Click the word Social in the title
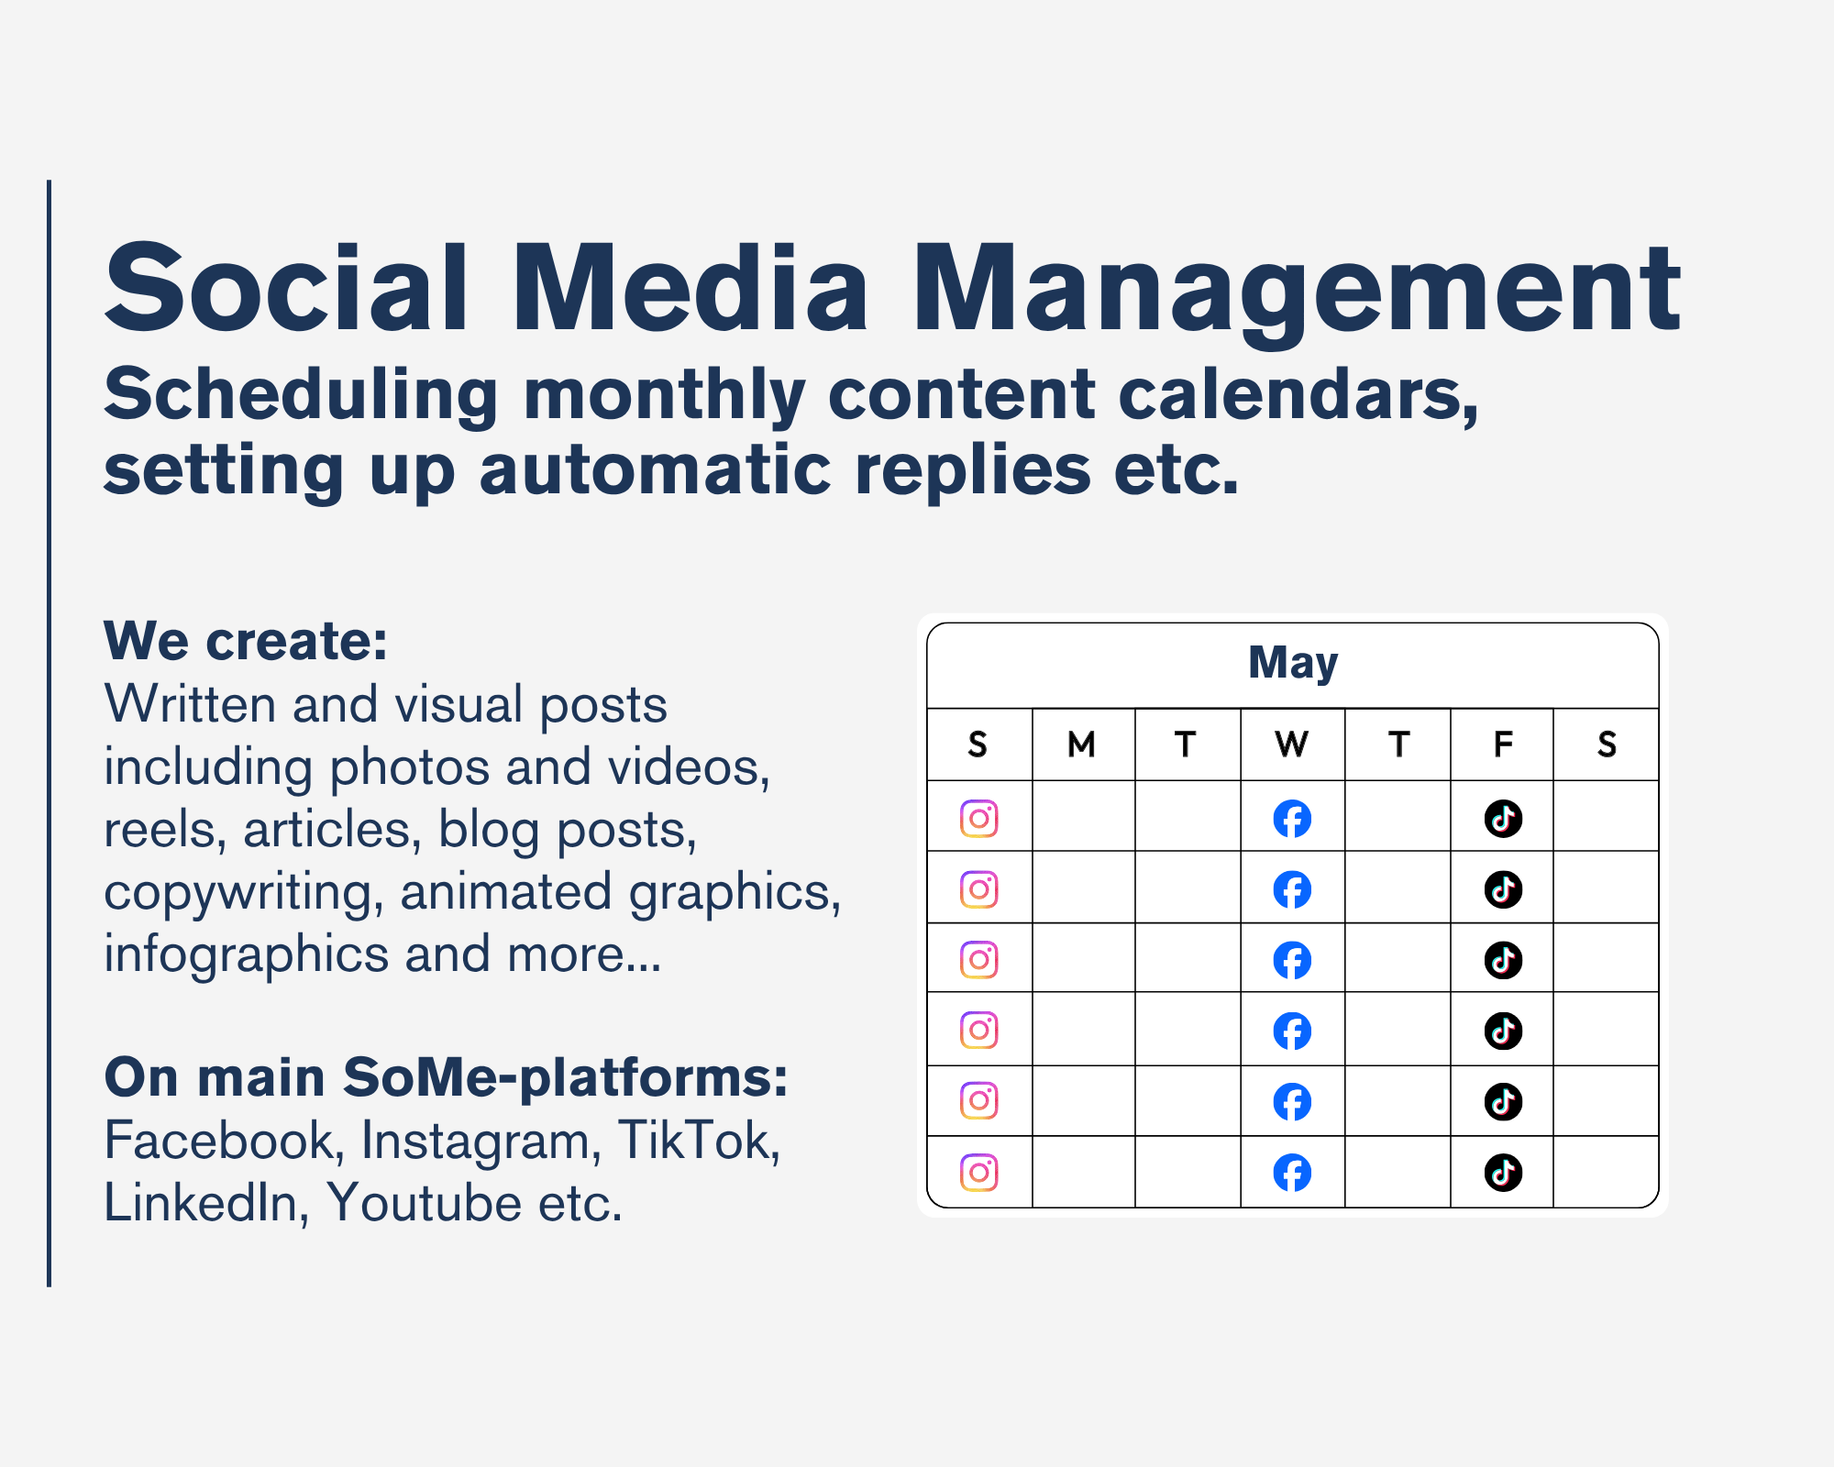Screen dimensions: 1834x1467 coord(287,287)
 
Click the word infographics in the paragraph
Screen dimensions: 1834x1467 coord(247,955)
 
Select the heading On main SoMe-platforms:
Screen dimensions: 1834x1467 coord(447,1077)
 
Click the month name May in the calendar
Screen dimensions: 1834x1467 coord(1293,663)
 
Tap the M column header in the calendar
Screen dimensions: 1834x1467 coord(1082,745)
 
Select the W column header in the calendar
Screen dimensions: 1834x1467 coord(1292,745)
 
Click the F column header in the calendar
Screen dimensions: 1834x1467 coord(1503,745)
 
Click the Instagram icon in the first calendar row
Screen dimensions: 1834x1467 coord(979,818)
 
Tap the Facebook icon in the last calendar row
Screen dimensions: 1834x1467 coord(1292,1173)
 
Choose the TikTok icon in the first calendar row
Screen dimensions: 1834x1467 coord(1503,818)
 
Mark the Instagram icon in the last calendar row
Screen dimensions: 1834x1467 coord(979,1173)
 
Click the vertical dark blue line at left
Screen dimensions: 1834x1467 coord(49,733)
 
